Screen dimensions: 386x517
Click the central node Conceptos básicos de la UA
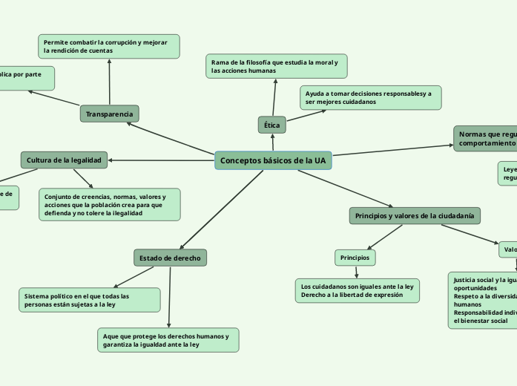pos(273,160)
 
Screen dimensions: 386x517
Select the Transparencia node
pos(109,114)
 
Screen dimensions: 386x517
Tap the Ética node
pos(271,125)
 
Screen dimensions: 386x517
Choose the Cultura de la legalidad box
pos(65,160)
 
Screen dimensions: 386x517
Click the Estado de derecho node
pos(170,258)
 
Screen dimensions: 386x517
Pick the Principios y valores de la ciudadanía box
pos(415,215)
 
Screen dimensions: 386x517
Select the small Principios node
pos(355,258)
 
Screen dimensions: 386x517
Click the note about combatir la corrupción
pos(109,46)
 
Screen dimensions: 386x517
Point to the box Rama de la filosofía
pos(276,66)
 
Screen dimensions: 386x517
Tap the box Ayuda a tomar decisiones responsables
pos(370,97)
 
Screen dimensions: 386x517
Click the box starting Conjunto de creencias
pos(109,204)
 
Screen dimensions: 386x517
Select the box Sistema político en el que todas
pos(89,300)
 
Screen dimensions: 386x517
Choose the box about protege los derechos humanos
pos(168,340)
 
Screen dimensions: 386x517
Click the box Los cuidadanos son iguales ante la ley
pos(357,290)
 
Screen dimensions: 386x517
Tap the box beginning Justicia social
pos(482,300)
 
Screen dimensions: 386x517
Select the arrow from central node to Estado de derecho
pos(223,209)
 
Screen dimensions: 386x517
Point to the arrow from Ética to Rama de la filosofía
pos(274,96)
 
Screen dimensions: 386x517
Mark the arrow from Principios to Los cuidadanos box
pos(356,272)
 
